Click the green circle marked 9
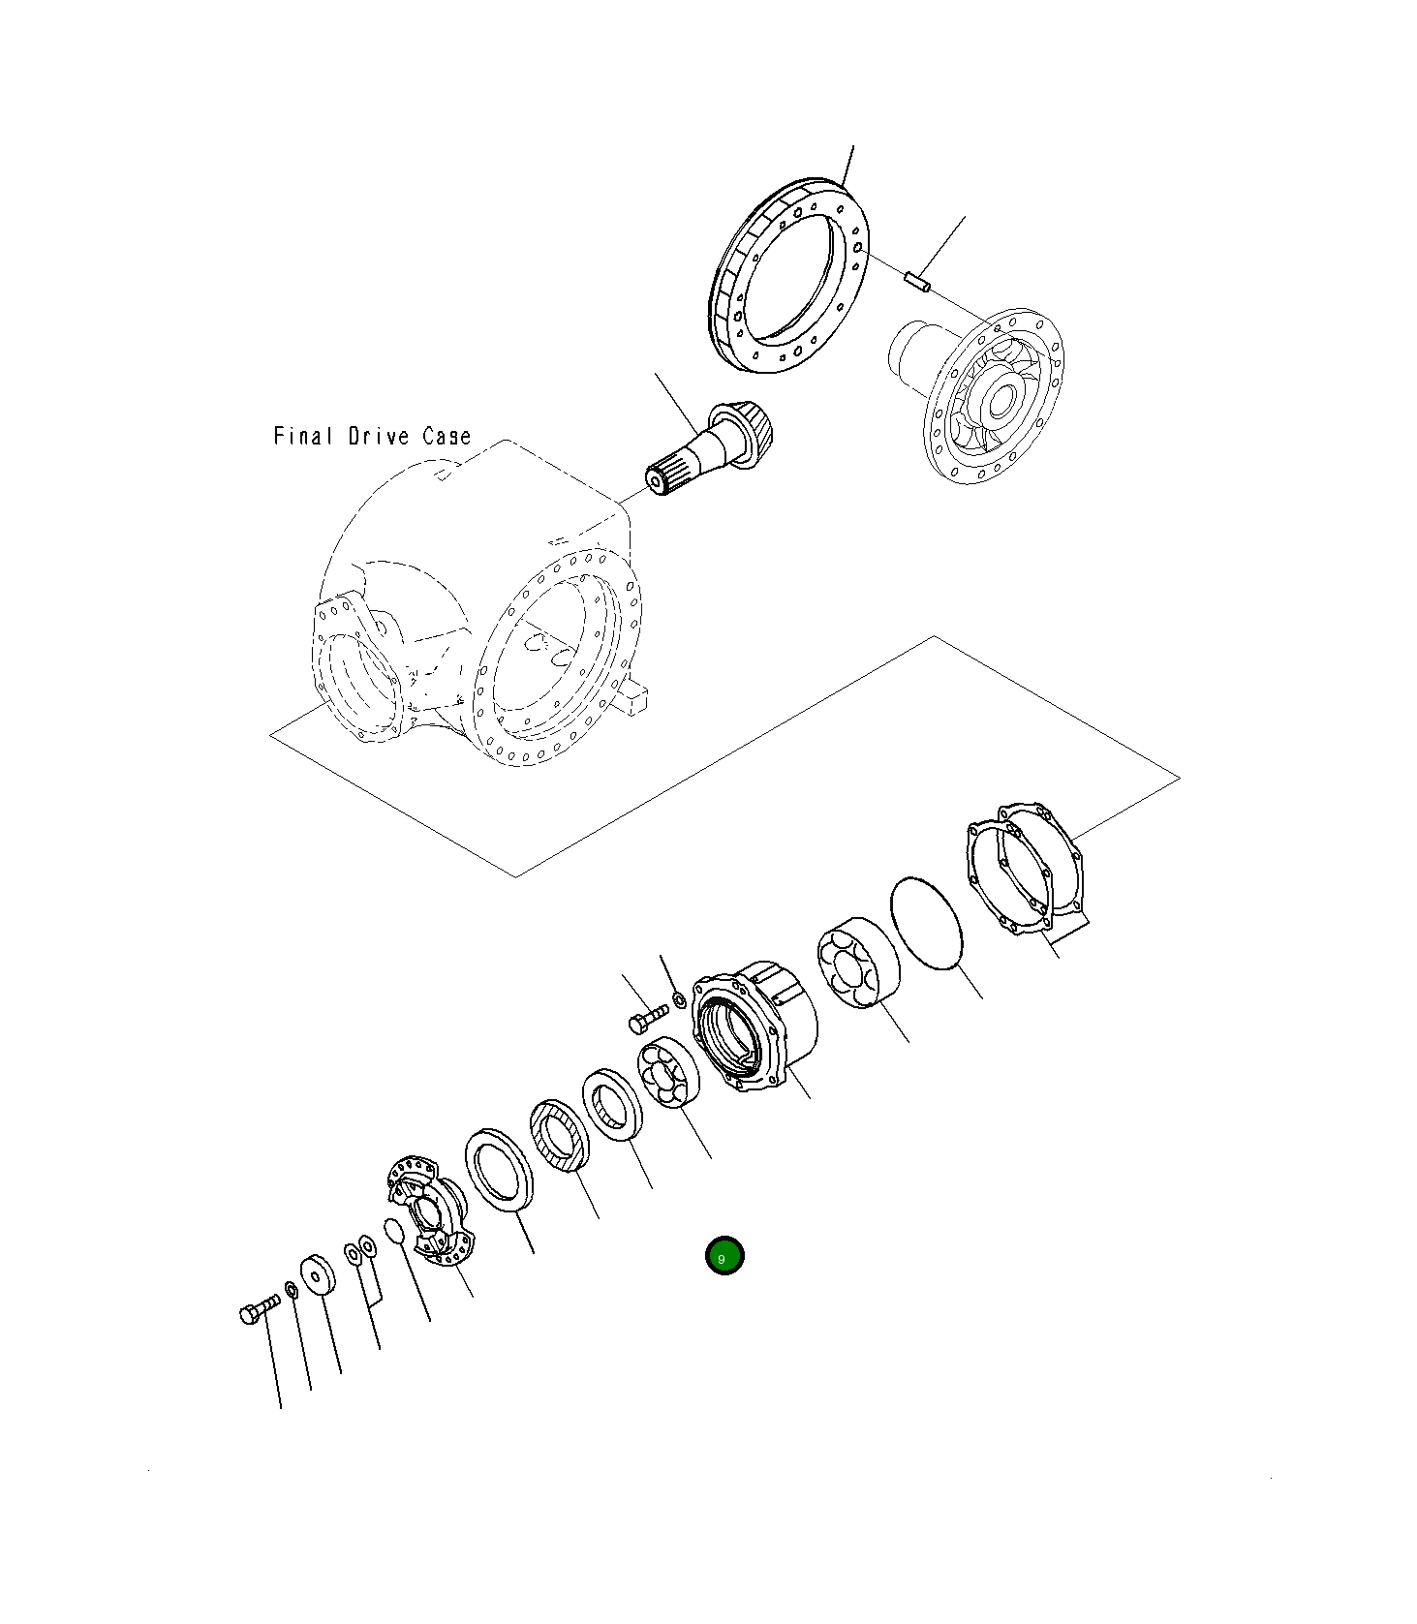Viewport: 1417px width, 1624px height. (x=724, y=1257)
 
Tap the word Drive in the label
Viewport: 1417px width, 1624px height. (x=379, y=437)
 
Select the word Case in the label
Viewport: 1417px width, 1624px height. (x=447, y=437)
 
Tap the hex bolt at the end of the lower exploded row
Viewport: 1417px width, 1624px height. (x=258, y=1310)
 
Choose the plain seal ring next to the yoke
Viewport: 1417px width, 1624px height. (x=500, y=1169)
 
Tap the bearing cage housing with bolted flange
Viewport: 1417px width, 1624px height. (x=755, y=1028)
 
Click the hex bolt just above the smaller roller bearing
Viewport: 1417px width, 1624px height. (x=648, y=1017)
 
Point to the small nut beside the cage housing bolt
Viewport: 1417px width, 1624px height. (x=678, y=998)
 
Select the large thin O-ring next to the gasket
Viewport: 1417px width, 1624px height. (x=927, y=923)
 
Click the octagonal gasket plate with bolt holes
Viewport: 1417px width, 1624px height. (x=1027, y=867)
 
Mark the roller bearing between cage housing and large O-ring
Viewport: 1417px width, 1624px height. (x=857, y=962)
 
